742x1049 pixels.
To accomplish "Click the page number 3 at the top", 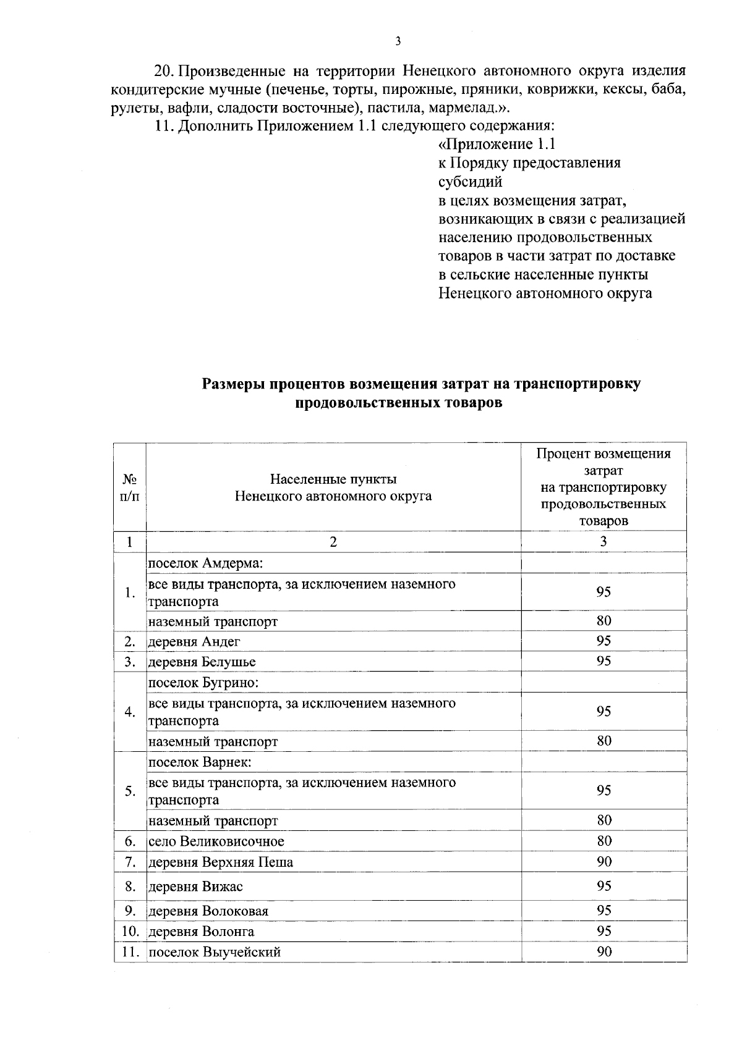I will [x=398, y=41].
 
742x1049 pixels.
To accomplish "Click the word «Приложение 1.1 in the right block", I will [x=497, y=145].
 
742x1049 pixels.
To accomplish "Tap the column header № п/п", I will [x=129, y=487].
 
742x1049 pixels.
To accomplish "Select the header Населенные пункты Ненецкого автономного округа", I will [x=333, y=487].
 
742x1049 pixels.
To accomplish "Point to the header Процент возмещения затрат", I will [x=603, y=487].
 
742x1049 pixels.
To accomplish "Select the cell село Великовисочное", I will [x=216, y=841].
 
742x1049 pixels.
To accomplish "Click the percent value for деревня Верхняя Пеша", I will [x=603, y=861].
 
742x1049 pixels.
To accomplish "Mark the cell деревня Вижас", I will [x=196, y=887].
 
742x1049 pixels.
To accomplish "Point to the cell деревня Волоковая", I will [x=209, y=911].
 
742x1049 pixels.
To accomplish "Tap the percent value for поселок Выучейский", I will [x=603, y=951].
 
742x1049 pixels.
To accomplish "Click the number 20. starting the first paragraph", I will [x=165, y=70].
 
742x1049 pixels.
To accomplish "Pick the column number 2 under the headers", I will [x=333, y=542].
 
